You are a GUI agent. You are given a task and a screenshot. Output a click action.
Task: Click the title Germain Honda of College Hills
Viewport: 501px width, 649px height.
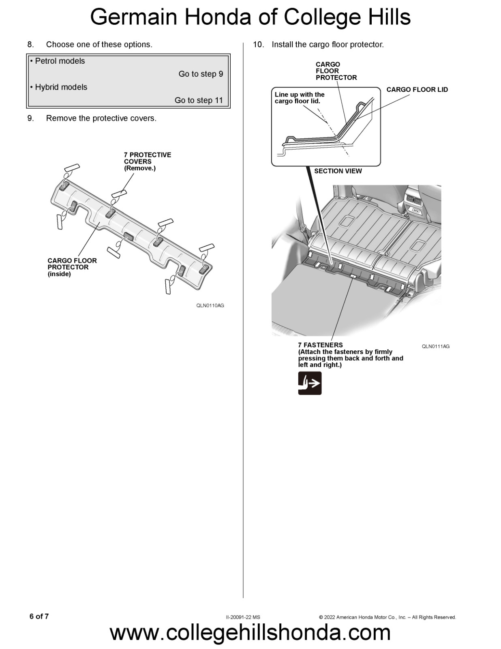(x=250, y=17)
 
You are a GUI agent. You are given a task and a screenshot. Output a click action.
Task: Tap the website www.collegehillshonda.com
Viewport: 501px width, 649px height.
(x=250, y=632)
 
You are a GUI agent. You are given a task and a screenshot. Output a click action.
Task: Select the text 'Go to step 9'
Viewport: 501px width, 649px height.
(x=201, y=74)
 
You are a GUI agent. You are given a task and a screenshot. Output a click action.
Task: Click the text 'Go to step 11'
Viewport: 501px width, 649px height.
(x=199, y=100)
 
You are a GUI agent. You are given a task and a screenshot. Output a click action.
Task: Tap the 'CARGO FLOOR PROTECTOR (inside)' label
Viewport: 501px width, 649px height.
(x=72, y=267)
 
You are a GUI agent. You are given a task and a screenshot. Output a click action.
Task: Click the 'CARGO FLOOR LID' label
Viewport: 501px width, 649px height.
(x=417, y=90)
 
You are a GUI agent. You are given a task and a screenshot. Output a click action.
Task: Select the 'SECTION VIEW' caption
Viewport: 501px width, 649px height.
(x=338, y=171)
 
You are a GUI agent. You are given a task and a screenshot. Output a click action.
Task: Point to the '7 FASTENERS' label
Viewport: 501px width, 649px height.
(x=320, y=345)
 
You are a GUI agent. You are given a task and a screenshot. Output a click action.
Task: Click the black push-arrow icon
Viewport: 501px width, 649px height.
(x=310, y=383)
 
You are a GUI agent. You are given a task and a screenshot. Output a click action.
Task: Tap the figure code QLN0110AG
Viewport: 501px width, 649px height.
(x=210, y=305)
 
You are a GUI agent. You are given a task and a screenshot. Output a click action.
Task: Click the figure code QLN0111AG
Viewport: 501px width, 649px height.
(x=435, y=346)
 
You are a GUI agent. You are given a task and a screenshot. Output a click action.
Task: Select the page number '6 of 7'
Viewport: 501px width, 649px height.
(x=39, y=616)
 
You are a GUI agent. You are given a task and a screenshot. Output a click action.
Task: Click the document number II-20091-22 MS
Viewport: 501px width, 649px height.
(x=243, y=617)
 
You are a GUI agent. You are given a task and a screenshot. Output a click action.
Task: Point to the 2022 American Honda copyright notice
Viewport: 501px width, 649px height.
(x=387, y=617)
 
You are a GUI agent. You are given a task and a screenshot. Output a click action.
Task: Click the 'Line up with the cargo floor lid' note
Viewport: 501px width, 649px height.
(x=299, y=98)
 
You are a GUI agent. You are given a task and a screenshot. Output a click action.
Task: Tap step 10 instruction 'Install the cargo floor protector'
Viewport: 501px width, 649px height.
(x=327, y=45)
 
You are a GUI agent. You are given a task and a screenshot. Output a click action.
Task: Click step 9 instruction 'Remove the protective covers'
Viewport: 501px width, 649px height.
(x=101, y=118)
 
